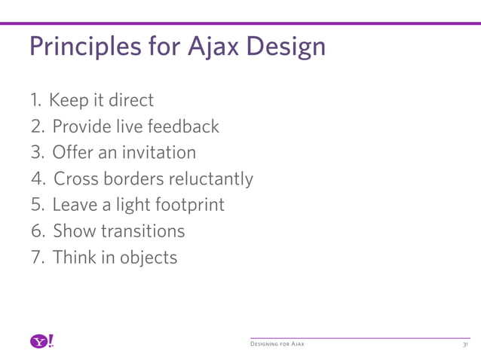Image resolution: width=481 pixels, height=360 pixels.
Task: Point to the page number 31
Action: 465,344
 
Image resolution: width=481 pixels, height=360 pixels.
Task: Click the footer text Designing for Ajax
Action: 277,344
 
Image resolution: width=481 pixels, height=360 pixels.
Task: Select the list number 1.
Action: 34,99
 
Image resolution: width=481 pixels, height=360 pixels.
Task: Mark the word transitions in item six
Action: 148,231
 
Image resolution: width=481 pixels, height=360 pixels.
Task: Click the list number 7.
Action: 36,258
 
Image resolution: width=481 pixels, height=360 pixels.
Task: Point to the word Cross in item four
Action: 75,179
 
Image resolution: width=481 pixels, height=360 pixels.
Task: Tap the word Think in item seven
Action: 75,258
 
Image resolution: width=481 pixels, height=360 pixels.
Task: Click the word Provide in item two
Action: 83,126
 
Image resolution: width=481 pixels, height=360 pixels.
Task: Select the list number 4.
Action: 37,179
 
